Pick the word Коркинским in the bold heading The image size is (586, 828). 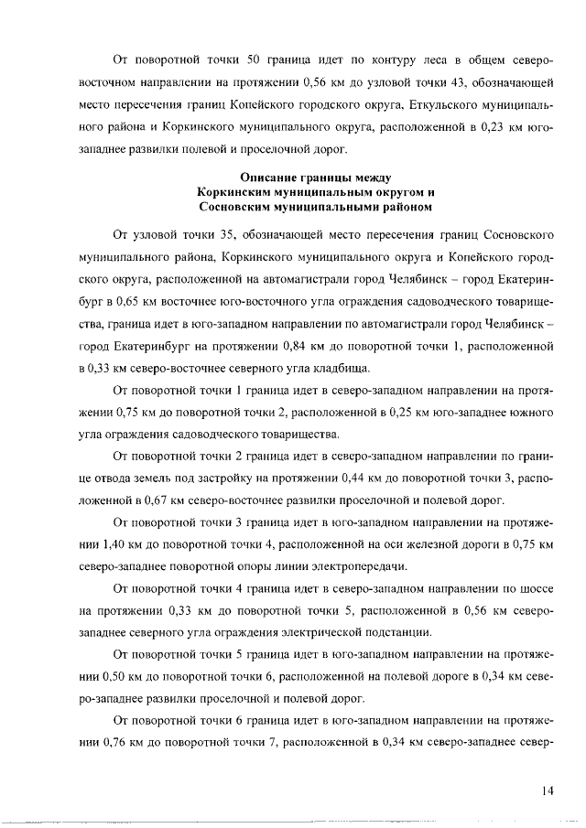tap(240, 191)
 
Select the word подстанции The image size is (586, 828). tap(395, 635)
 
